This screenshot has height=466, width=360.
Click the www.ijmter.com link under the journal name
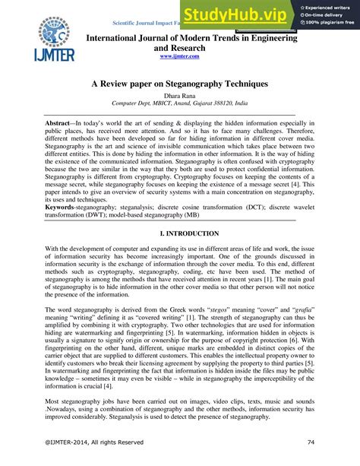coord(179,56)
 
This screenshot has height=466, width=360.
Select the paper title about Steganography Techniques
coord(179,86)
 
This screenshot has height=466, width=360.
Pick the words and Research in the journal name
coord(179,46)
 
